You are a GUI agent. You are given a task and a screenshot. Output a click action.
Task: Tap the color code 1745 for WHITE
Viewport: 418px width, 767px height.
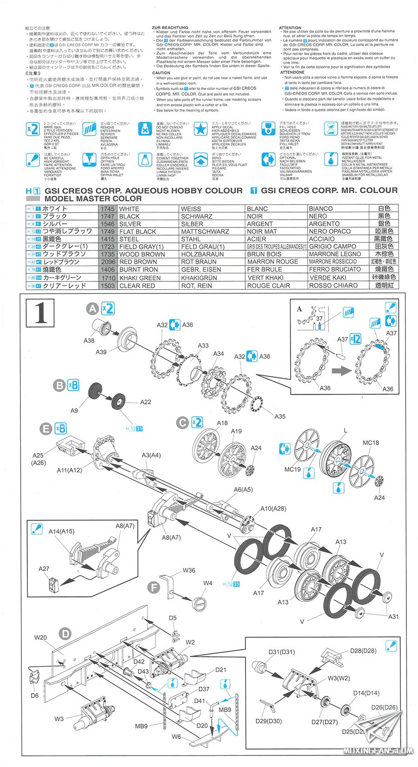tap(107, 209)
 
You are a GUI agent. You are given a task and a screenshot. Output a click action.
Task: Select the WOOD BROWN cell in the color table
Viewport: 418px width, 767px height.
tap(135, 254)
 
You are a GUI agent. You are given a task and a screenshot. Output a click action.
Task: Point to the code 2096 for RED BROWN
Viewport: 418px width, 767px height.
tap(107, 262)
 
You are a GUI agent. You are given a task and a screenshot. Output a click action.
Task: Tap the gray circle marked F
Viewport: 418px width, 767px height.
tap(153, 587)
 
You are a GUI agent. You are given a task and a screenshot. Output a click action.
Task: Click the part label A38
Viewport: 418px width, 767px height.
tap(89, 340)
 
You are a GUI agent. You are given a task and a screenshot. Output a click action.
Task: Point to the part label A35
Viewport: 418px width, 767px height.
tap(280, 416)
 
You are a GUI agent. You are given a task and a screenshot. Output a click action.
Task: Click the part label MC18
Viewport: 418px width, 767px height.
tap(370, 442)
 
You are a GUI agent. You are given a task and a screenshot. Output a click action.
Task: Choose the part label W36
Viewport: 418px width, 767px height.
tap(189, 570)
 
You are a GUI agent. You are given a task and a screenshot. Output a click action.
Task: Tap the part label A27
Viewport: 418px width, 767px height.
tap(44, 568)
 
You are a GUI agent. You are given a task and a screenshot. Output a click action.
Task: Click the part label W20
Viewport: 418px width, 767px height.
tap(40, 637)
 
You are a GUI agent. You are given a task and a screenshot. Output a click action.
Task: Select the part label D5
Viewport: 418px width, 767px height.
tap(172, 617)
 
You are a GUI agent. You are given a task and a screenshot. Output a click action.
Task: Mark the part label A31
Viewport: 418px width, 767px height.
tap(393, 617)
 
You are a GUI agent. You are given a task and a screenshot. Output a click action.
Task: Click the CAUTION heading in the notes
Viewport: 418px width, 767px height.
tap(161, 73)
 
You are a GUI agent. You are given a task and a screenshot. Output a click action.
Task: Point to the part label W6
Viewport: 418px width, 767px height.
tap(176, 737)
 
